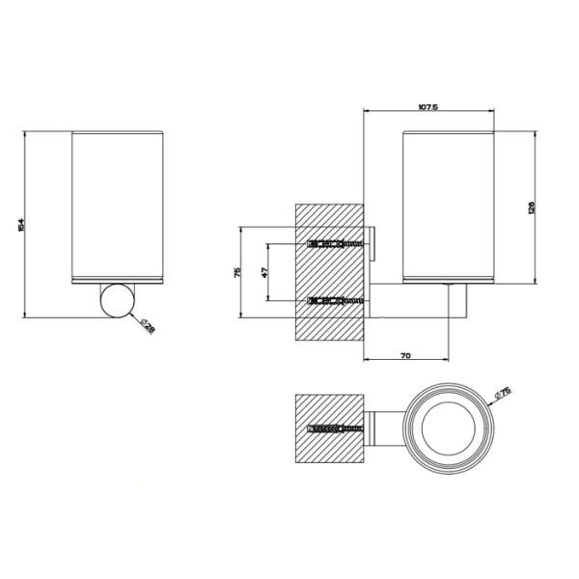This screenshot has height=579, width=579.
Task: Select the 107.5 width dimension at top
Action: click(x=429, y=107)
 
